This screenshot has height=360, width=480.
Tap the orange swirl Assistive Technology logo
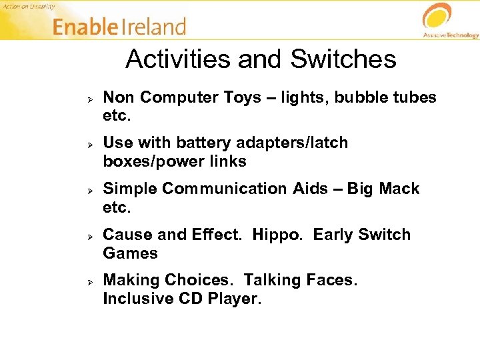(437, 17)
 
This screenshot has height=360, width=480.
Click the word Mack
(399, 189)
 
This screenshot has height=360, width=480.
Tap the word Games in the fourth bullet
(130, 253)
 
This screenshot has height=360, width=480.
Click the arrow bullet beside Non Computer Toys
(89, 98)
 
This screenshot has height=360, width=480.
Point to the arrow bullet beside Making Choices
(89, 281)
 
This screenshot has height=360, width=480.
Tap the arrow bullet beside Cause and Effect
(89, 235)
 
